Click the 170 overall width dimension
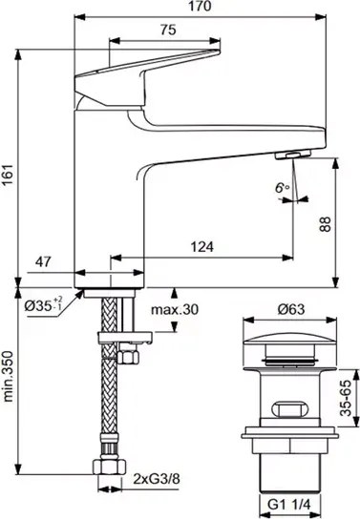click(201, 6)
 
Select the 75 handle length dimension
click(168, 31)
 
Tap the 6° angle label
click(282, 188)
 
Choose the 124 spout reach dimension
click(202, 246)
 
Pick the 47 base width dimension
click(43, 261)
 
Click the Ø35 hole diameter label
click(43, 305)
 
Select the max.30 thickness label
click(175, 310)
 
